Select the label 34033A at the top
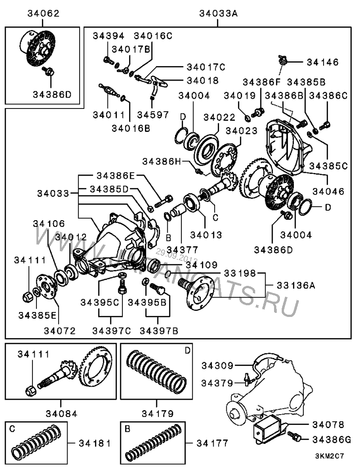(x=218, y=14)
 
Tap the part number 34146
(x=323, y=62)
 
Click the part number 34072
(x=60, y=330)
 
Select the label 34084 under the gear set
(x=60, y=412)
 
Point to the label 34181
(x=93, y=443)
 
